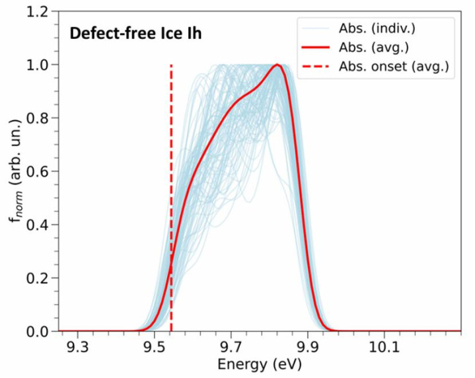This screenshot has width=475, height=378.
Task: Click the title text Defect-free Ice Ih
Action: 136,32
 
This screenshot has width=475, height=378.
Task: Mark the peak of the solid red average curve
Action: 278,65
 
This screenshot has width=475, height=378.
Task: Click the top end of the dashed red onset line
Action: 171,65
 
